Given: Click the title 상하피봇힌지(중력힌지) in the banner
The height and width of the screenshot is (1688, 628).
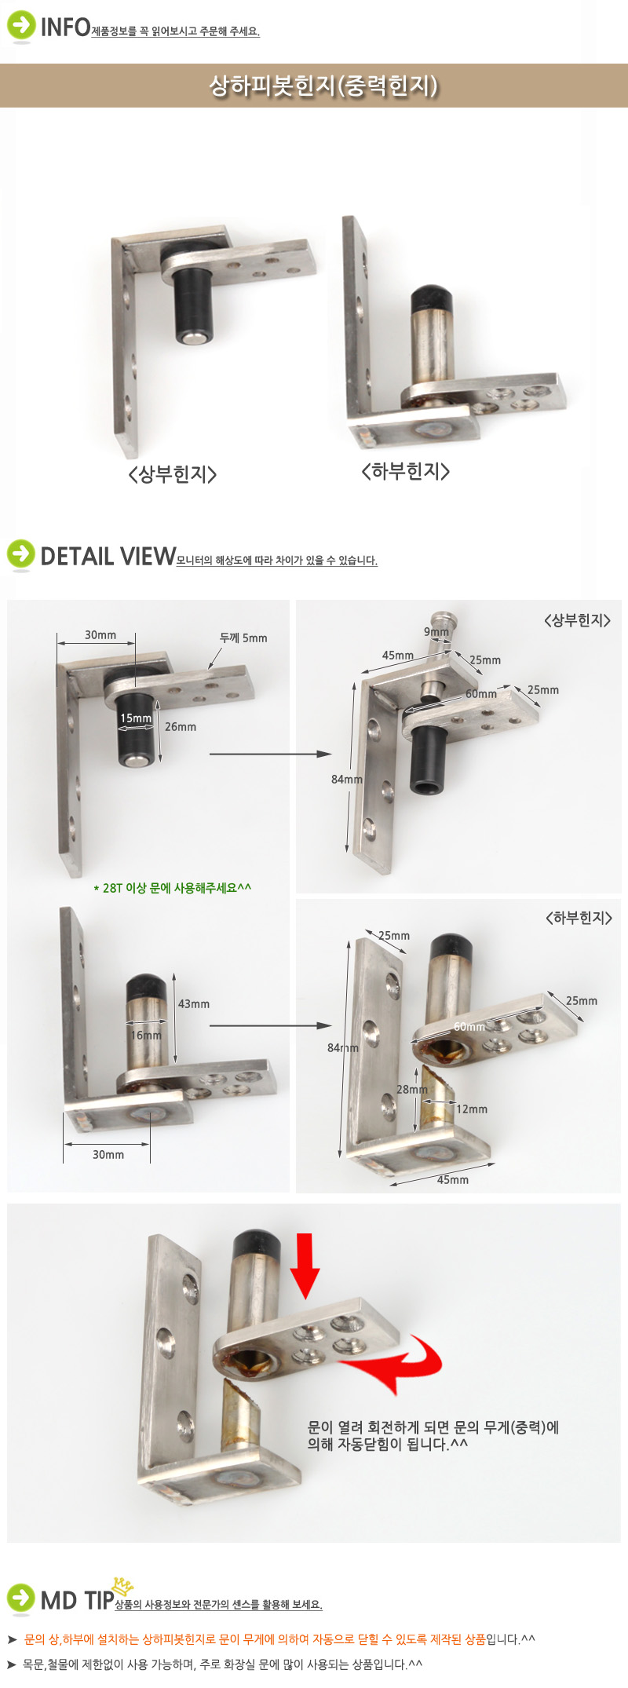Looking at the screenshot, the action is click(323, 86).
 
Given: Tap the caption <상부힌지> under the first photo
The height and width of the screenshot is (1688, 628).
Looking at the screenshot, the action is click(172, 474).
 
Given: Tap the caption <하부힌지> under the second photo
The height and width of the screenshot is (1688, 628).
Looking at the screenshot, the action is click(405, 471).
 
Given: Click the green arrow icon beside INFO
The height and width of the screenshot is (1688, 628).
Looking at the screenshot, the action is click(20, 26).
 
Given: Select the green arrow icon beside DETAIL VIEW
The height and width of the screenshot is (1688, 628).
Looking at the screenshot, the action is click(20, 554).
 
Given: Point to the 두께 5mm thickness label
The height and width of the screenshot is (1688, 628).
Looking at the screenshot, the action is click(243, 638).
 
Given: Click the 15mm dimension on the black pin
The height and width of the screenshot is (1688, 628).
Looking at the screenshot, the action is click(135, 718).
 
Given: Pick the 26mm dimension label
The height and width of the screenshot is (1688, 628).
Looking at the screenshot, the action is click(181, 727).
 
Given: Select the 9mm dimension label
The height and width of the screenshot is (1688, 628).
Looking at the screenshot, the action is click(436, 632).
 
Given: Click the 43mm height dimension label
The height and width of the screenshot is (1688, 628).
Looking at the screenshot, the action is click(194, 1004).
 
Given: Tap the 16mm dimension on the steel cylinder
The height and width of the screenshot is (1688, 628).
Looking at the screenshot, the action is click(146, 1036).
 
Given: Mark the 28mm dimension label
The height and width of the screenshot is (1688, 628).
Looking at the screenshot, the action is click(412, 1090).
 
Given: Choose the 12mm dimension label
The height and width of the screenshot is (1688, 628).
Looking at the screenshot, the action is click(472, 1109).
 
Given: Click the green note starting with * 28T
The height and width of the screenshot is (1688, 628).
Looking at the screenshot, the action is click(172, 888).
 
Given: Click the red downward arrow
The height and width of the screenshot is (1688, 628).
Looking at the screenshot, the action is click(305, 1266).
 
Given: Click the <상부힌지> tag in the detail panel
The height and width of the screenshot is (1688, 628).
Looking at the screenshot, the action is click(577, 620).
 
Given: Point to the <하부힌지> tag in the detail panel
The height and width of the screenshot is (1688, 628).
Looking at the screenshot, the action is click(579, 917).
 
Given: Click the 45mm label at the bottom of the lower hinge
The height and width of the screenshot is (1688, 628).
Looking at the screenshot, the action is click(453, 1180).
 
